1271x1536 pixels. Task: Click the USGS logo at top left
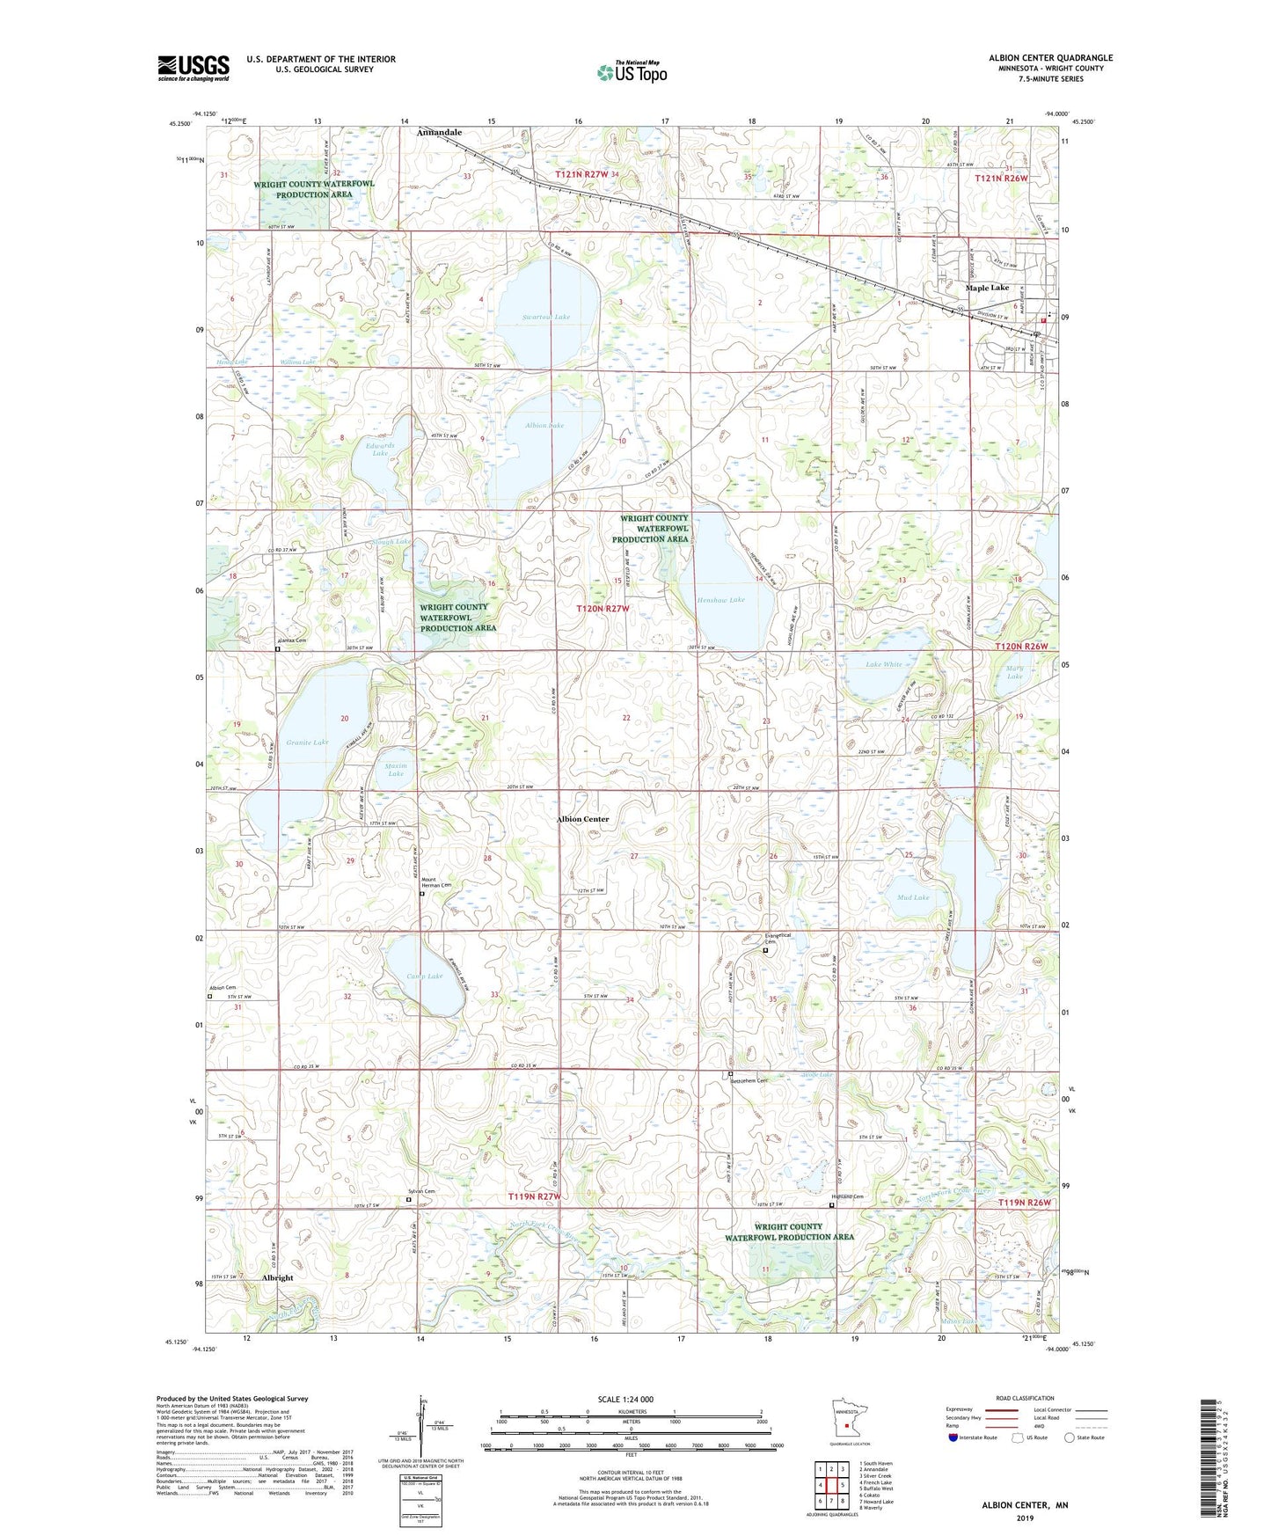click(x=194, y=68)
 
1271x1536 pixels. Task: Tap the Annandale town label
click(x=439, y=132)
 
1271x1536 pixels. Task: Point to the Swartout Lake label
click(x=546, y=317)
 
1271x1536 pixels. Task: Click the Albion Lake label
click(x=544, y=425)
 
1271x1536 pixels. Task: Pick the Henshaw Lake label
click(x=720, y=599)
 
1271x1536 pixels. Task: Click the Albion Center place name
click(x=582, y=818)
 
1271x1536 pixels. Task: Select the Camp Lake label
click(x=425, y=976)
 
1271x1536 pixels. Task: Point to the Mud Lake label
click(x=913, y=897)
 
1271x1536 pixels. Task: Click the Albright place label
click(x=278, y=1277)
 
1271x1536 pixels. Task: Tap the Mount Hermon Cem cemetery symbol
click(x=421, y=894)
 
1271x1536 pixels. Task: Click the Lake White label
click(x=883, y=664)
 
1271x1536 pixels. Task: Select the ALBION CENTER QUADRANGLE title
click(x=1050, y=58)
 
